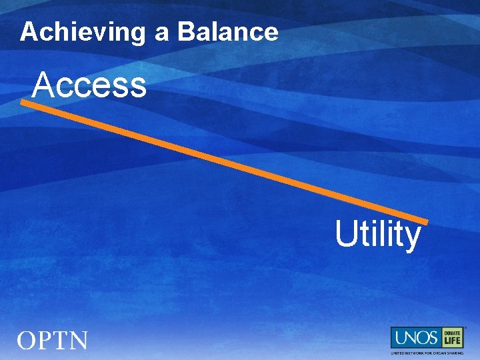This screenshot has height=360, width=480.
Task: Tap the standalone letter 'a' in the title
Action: [x=161, y=33]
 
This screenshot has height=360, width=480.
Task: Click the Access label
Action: [x=89, y=85]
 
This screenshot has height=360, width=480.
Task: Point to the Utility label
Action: [x=377, y=235]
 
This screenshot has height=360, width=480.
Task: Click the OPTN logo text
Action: [x=53, y=341]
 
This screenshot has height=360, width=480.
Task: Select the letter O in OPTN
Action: [x=27, y=341]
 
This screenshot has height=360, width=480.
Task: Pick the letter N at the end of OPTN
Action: [x=77, y=341]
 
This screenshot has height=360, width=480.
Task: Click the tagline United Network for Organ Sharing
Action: [x=427, y=353]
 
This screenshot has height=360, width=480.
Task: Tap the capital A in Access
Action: [x=43, y=85]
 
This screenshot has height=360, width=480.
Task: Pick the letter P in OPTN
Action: [x=45, y=341]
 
